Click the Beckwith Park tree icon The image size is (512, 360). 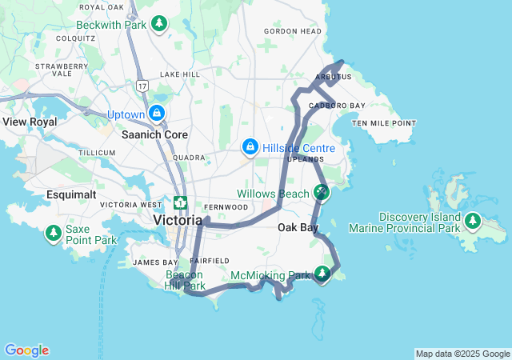click(159, 25)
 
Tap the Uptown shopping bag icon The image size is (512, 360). click(156, 114)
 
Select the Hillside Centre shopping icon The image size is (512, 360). click(250, 148)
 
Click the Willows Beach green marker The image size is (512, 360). click(322, 192)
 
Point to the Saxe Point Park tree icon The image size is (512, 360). click(54, 234)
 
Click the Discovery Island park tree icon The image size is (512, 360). click(473, 221)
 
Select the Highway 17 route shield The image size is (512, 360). click(142, 84)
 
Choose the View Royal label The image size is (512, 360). click(30, 122)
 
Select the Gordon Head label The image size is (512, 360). click(293, 31)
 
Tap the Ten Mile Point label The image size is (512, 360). click(384, 123)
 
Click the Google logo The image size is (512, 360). click(26, 350)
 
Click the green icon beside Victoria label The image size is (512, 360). click(181, 203)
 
